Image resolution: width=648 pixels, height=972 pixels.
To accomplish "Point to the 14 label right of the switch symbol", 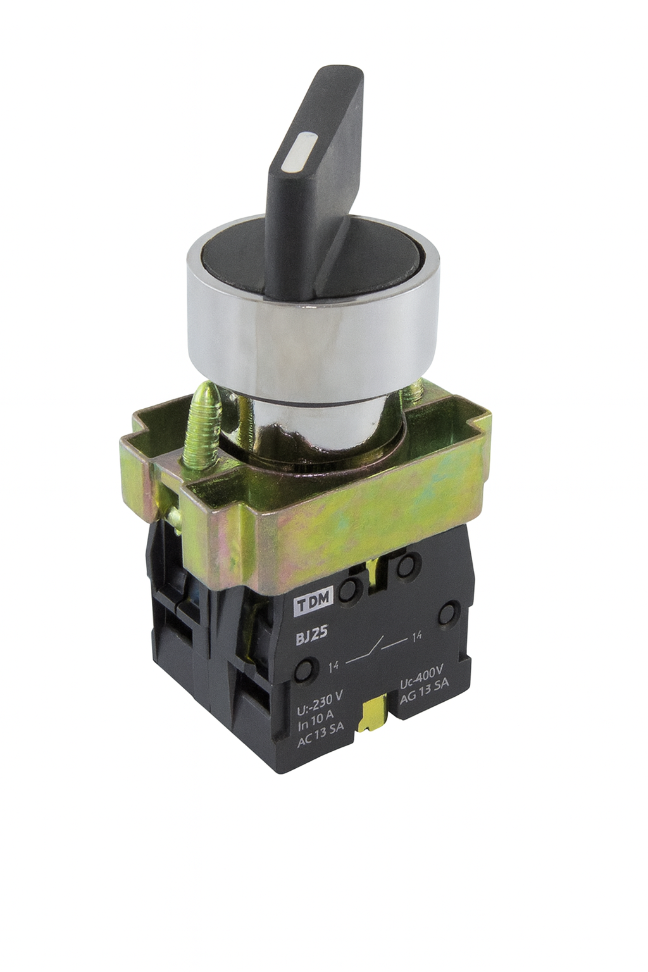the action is click(416, 637).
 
